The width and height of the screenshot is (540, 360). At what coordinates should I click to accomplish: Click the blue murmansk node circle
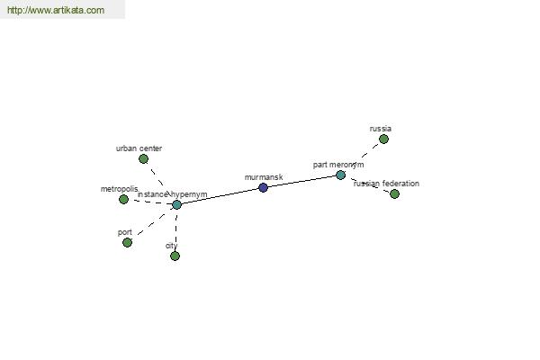(x=263, y=188)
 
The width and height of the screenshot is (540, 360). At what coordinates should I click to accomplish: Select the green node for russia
(x=383, y=139)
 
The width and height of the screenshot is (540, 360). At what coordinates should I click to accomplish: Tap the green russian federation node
(x=395, y=194)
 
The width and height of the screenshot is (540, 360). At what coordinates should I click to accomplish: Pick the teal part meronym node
(x=340, y=175)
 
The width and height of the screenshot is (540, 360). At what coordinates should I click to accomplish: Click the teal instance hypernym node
(x=176, y=204)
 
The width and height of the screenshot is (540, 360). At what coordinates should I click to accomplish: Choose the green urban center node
(x=144, y=158)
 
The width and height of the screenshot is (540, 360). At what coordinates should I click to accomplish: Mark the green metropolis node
(x=123, y=199)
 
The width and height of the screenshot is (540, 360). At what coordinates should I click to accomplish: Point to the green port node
(x=127, y=242)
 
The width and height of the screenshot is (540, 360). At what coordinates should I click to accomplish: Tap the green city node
(x=175, y=256)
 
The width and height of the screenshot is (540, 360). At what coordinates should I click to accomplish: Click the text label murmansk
(x=264, y=177)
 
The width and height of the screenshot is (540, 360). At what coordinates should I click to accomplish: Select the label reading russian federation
(x=386, y=184)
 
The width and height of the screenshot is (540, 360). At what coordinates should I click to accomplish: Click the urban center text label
(x=139, y=148)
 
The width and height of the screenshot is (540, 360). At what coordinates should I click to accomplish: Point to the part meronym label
(x=338, y=165)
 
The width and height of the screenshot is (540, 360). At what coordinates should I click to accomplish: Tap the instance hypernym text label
(x=173, y=194)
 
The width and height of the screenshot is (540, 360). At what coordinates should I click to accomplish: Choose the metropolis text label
(x=120, y=189)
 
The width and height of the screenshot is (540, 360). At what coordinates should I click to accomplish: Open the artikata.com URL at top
(x=56, y=10)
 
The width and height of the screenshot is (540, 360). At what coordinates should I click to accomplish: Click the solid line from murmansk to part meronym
(x=302, y=182)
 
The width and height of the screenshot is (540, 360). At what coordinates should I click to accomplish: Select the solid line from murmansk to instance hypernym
(x=220, y=196)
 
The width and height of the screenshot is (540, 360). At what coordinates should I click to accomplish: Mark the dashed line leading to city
(x=176, y=229)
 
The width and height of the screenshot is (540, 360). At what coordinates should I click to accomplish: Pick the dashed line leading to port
(x=151, y=225)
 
